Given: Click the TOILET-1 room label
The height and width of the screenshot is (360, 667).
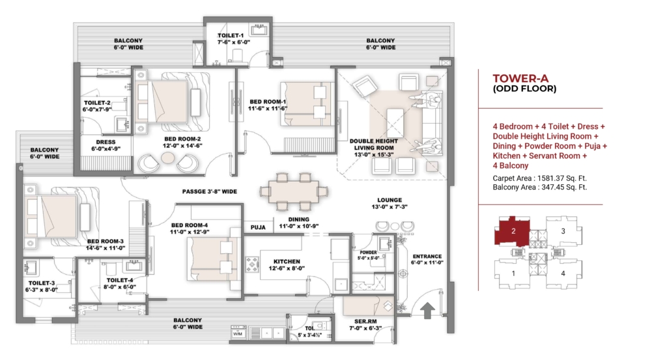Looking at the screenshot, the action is (231, 36).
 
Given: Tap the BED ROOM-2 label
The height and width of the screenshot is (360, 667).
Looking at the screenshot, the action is (182, 139).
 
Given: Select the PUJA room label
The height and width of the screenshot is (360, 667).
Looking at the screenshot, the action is (258, 227).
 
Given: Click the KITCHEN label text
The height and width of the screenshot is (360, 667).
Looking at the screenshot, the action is (287, 262).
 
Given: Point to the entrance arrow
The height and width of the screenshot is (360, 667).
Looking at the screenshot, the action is (427, 311).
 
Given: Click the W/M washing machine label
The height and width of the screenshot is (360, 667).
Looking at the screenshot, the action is (237, 334).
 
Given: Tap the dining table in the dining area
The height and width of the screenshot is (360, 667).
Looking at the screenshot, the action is (294, 191).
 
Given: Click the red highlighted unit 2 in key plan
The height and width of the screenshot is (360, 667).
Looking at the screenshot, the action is (512, 231).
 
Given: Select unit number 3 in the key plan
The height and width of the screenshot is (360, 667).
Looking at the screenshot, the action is (563, 231).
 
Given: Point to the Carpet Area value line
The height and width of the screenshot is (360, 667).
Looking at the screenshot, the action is (540, 178).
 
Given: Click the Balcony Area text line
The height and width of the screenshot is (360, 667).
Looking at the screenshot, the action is (540, 187).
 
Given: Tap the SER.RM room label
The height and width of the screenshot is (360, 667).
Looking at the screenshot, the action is (365, 322).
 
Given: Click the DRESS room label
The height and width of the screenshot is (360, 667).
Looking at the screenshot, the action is (106, 142).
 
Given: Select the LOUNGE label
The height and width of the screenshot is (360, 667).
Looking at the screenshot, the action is (390, 200).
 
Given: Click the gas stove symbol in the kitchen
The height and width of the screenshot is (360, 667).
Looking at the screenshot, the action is (252, 264).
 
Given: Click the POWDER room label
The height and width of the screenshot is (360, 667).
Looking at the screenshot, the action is (368, 253).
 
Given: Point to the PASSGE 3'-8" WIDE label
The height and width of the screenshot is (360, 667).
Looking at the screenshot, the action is (210, 191).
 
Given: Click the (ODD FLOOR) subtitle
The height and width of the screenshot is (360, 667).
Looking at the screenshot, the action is (524, 89).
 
